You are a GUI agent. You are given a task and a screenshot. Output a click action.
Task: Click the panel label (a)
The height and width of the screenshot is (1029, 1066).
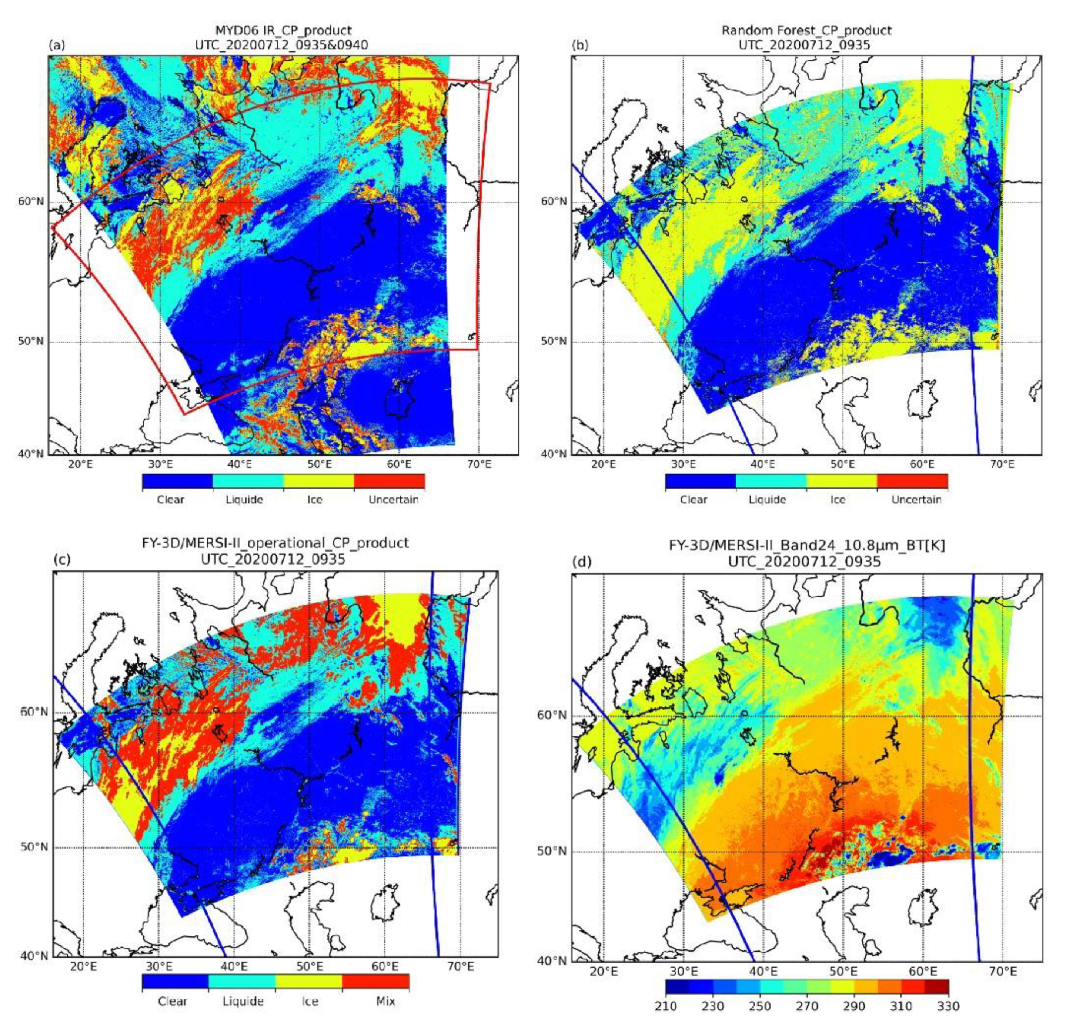(x=57, y=46)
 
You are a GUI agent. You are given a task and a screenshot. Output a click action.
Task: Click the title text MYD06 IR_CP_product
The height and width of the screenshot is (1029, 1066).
(x=281, y=30)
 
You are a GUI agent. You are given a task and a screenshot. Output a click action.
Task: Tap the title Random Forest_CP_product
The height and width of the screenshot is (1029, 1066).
(x=806, y=30)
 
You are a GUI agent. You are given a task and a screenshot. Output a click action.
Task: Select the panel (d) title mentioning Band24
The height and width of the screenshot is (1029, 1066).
(x=806, y=544)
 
